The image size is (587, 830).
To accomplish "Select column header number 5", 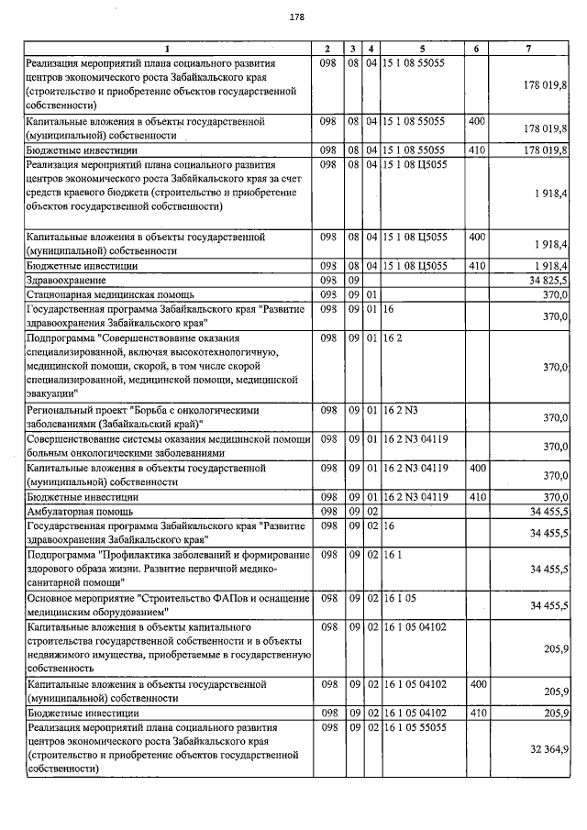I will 423,48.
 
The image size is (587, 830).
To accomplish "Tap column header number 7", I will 529,48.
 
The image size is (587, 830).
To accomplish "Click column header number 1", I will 167,48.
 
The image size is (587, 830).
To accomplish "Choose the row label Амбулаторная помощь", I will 80,510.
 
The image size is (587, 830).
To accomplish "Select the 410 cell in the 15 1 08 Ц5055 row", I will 476,265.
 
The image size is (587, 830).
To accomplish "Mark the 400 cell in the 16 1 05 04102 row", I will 476,683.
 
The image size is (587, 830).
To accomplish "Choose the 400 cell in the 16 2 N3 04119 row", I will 476,468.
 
